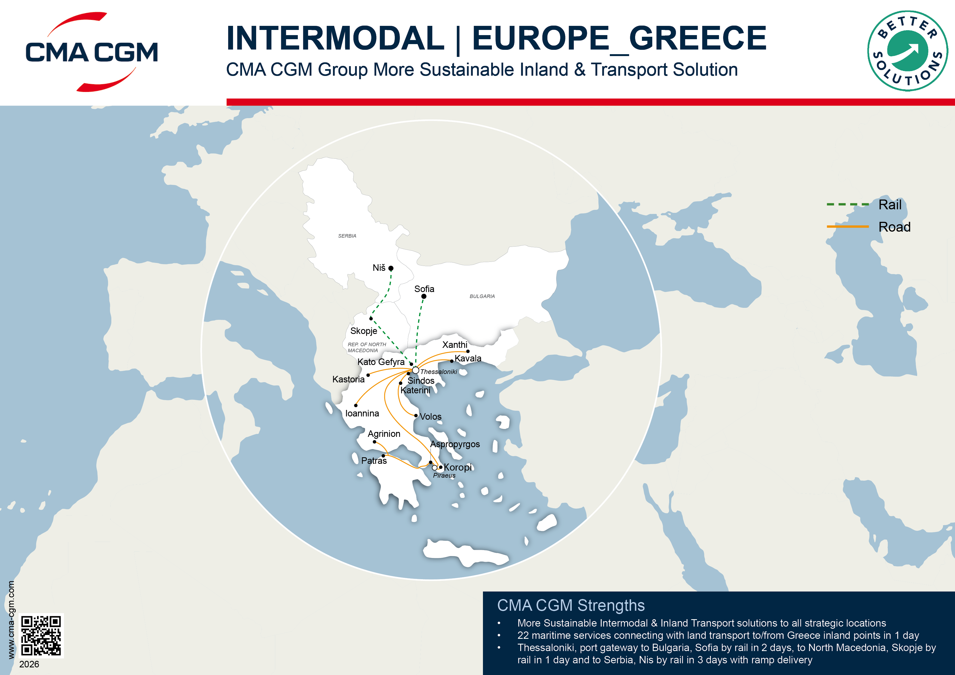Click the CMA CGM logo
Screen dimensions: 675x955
[x=91, y=52]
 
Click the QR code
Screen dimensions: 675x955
[x=41, y=636]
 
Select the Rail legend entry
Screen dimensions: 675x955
[x=890, y=205]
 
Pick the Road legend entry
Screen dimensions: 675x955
[x=894, y=227]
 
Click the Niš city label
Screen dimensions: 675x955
[x=379, y=268]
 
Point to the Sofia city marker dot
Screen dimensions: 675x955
[x=423, y=296]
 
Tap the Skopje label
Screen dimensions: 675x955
[x=363, y=331]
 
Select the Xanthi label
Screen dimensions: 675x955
[x=455, y=345]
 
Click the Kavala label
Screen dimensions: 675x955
[x=468, y=358]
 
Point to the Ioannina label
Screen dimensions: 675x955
[x=362, y=413]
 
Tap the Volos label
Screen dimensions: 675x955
[x=430, y=417]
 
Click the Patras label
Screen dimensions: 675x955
[x=374, y=461]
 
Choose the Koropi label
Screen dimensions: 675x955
[x=458, y=468]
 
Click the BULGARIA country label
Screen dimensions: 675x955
[x=482, y=296]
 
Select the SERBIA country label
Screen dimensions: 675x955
[x=347, y=236]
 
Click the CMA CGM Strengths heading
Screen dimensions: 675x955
[x=571, y=606]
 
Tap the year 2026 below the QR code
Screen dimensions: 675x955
[x=29, y=664]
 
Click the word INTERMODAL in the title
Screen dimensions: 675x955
[x=335, y=38]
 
